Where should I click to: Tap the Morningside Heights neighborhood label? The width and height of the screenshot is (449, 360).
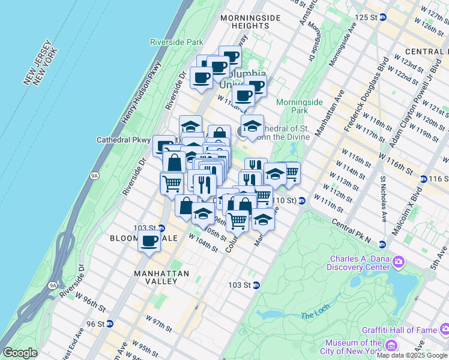[x=250, y=22]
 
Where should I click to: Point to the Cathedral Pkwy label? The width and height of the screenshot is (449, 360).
[x=123, y=140]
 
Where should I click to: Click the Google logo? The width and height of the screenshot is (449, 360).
[x=20, y=353]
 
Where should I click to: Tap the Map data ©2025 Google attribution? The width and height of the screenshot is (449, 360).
[x=412, y=355]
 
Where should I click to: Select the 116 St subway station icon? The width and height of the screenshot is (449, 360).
[x=423, y=179]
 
